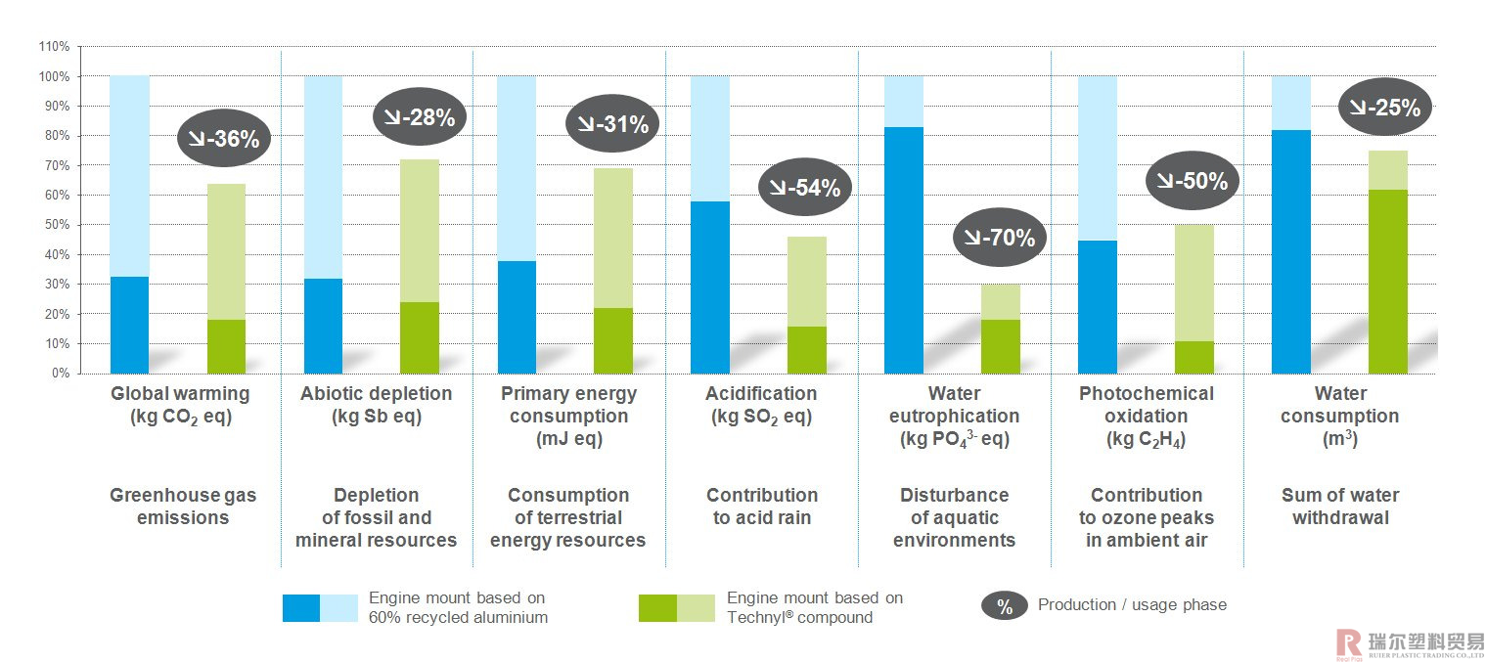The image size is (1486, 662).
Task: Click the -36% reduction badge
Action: (x=223, y=138)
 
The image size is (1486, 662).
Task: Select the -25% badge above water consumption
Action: (x=1384, y=107)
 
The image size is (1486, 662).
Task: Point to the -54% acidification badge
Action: (x=805, y=187)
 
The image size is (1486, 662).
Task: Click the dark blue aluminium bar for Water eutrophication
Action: (x=903, y=250)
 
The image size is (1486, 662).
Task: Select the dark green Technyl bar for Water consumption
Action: (x=1387, y=282)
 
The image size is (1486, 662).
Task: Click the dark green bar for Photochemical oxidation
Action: (x=1193, y=357)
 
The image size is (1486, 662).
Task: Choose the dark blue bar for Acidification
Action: (x=709, y=287)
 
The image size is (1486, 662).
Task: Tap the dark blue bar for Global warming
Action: (x=129, y=325)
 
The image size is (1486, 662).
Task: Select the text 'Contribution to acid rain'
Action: (x=762, y=507)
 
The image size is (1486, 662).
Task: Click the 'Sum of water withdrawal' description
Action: (x=1339, y=507)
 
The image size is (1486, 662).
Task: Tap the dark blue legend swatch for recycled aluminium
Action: (x=301, y=607)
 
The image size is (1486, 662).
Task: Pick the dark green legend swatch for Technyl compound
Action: (x=656, y=607)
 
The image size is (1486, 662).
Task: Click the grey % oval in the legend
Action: (x=1004, y=606)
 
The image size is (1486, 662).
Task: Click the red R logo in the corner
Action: (x=1349, y=641)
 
